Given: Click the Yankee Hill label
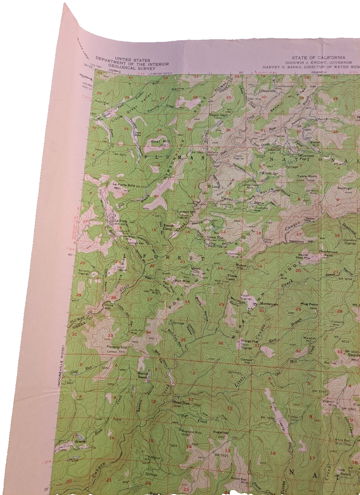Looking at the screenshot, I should [186, 212].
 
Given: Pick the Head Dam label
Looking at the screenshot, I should [178, 404].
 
